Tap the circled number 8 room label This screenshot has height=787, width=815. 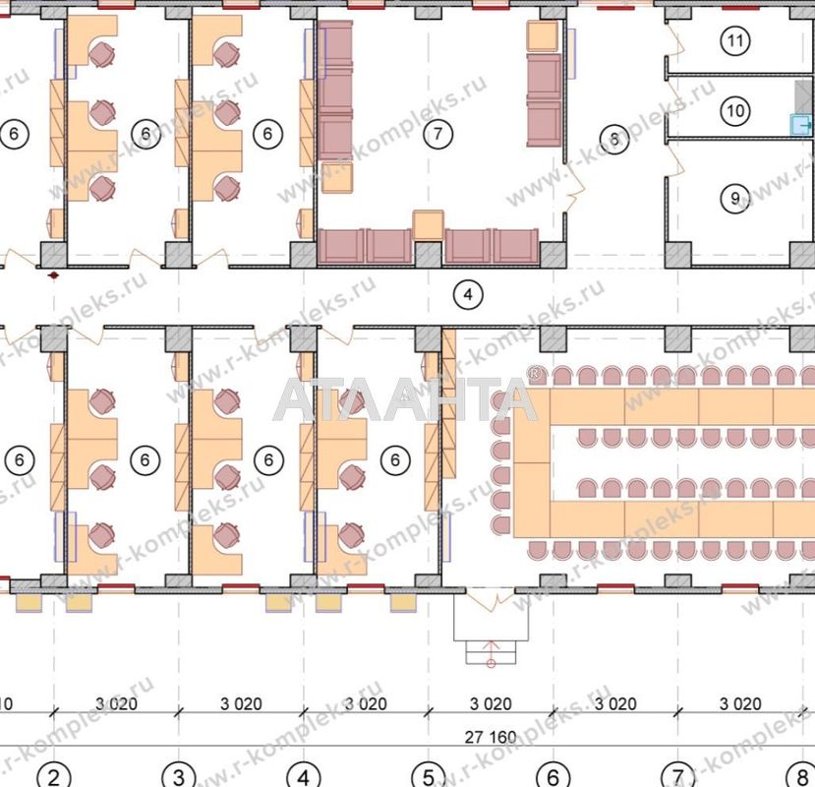[x=615, y=139]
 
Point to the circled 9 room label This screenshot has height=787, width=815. [x=734, y=199]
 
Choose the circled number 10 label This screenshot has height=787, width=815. [x=734, y=110]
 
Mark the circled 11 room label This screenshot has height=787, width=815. [x=734, y=41]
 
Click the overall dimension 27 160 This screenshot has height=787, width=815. [x=488, y=736]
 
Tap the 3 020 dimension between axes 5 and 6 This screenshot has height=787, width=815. [x=490, y=703]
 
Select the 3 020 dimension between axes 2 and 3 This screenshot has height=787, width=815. [x=116, y=703]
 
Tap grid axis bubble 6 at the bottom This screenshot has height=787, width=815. [x=553, y=776]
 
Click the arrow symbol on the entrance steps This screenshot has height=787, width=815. [x=491, y=652]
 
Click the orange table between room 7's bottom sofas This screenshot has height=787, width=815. [x=429, y=225]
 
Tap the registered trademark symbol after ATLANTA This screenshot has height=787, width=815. [x=535, y=374]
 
